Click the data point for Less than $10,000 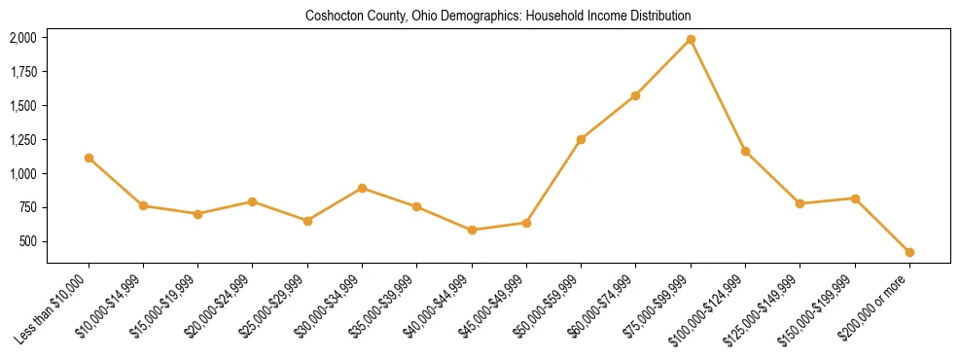89,158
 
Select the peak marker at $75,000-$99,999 691,39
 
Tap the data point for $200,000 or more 909,252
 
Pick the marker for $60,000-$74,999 635,95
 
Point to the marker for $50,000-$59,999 581,139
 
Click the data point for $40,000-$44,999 472,231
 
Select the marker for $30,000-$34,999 362,188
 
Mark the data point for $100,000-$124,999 745,151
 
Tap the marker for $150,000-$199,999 855,198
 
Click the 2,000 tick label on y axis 23,38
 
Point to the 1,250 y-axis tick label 23,140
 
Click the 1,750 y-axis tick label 23,72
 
